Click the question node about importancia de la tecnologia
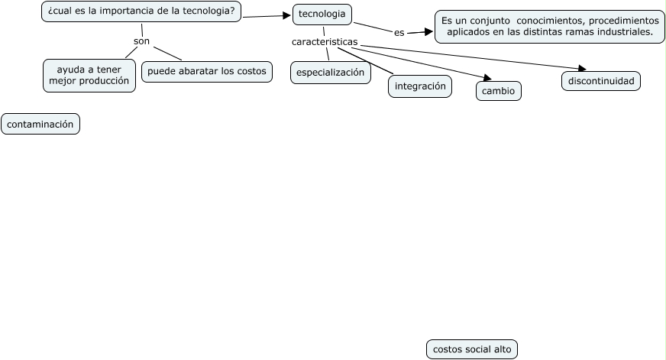[x=141, y=11]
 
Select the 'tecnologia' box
[x=322, y=15]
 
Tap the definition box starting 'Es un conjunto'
[x=550, y=26]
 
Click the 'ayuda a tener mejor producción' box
[x=89, y=75]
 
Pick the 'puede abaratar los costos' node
[x=207, y=72]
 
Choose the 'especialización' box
[x=330, y=73]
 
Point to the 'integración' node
[x=420, y=86]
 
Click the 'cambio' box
[x=498, y=91]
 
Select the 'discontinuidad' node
[x=601, y=80]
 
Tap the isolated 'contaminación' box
[x=40, y=124]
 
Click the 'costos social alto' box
[x=472, y=349]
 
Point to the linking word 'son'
[x=141, y=41]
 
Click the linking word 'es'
[x=399, y=33]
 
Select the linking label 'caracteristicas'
[x=325, y=41]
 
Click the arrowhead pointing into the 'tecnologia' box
[x=288, y=15]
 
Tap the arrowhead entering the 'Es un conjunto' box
[x=429, y=32]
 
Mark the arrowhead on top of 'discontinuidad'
[x=581, y=69]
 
